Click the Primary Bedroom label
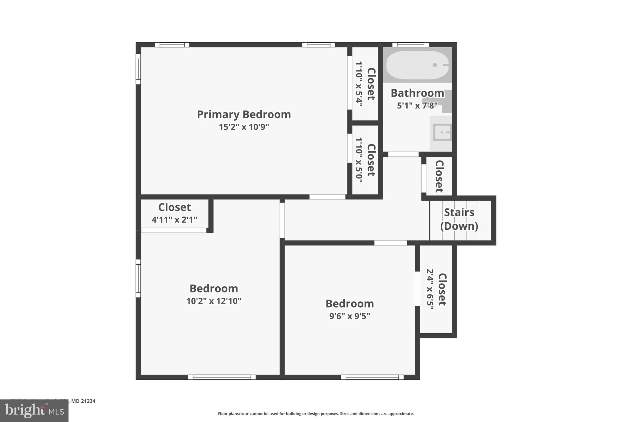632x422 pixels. tap(244, 114)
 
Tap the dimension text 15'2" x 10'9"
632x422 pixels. tap(244, 127)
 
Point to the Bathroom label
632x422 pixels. tap(417, 93)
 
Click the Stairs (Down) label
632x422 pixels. tap(459, 219)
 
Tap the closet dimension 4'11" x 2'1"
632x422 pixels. tap(174, 220)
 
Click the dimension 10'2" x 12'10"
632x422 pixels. tap(214, 301)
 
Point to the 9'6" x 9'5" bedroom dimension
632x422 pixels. tap(350, 316)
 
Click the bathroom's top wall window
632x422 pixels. tap(410, 45)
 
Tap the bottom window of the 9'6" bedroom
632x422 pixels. tap(372, 377)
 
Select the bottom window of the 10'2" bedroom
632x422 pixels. tap(222, 377)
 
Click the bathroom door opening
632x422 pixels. tap(403, 154)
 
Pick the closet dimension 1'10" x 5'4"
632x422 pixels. tap(359, 84)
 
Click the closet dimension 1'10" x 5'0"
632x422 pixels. tap(359, 160)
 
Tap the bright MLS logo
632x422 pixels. tap(34, 411)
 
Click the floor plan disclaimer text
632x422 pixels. tap(316, 414)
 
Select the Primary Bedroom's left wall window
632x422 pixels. tap(138, 69)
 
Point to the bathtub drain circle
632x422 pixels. tap(435, 65)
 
